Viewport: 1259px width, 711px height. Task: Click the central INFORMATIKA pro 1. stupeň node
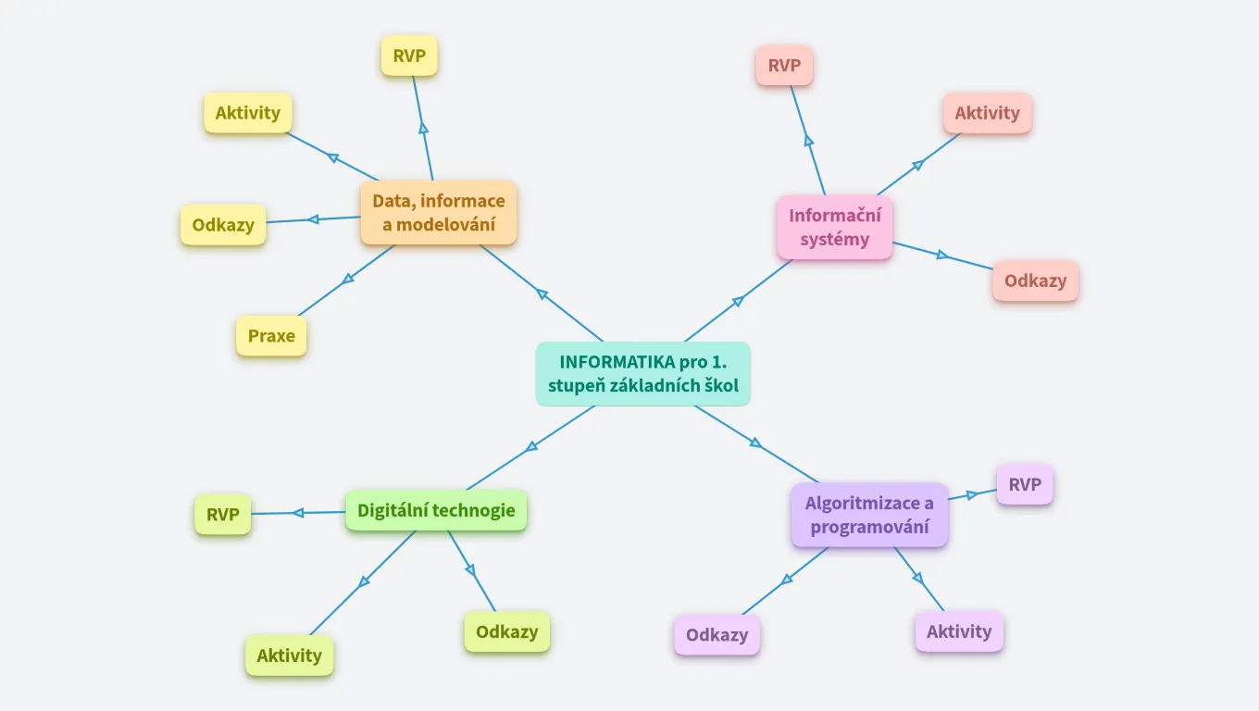click(642, 373)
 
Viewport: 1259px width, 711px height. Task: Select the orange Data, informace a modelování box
click(438, 212)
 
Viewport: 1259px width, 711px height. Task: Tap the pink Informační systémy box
click(834, 227)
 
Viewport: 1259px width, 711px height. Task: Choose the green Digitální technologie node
click(436, 510)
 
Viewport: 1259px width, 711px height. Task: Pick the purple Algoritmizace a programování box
click(869, 515)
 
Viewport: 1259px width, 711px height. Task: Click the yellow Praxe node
click(271, 336)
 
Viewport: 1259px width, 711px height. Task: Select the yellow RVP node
click(408, 56)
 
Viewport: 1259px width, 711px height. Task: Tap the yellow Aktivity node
click(247, 113)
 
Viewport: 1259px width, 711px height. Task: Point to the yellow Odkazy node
click(222, 225)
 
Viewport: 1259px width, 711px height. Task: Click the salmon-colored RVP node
click(783, 66)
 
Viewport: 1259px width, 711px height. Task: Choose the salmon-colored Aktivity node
click(987, 113)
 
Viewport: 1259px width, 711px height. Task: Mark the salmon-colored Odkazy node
click(1035, 281)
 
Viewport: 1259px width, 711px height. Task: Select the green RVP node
click(222, 514)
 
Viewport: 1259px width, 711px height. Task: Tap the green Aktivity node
click(289, 655)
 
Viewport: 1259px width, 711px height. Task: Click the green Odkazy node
click(506, 631)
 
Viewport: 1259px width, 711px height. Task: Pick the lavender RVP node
click(1024, 484)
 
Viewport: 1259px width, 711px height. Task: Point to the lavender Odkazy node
click(717, 635)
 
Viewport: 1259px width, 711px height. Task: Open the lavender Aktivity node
click(958, 631)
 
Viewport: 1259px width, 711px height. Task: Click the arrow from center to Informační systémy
click(738, 301)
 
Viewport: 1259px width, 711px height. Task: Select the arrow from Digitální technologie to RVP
click(298, 512)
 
